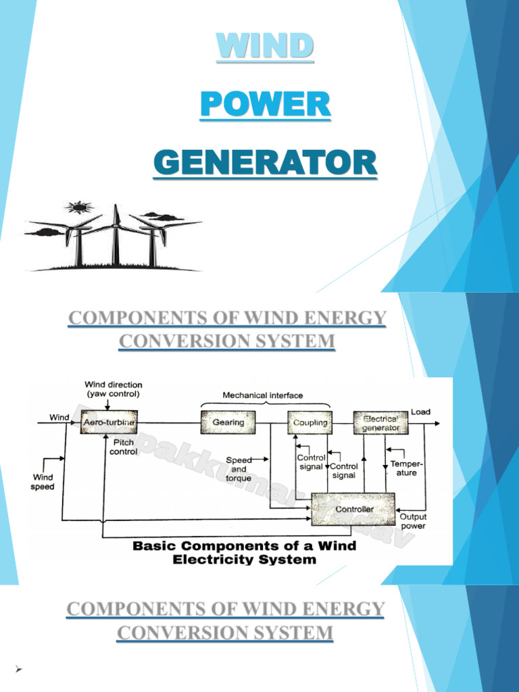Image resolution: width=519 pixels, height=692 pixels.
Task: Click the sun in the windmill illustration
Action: coord(80,207)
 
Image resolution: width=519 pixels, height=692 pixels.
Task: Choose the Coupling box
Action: coord(309,422)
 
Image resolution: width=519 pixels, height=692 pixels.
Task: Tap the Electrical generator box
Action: coord(381,422)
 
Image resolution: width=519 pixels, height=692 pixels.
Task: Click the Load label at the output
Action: coord(421,412)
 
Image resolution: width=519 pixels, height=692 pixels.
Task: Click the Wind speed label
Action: coord(43,481)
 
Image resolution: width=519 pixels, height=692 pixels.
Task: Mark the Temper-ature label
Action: coord(403,468)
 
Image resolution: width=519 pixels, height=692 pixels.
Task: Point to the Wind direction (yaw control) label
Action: coord(114,389)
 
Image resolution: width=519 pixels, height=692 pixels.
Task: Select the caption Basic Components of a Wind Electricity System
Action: coord(244,552)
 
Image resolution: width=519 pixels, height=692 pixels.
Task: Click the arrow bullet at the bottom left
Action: coord(19,668)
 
